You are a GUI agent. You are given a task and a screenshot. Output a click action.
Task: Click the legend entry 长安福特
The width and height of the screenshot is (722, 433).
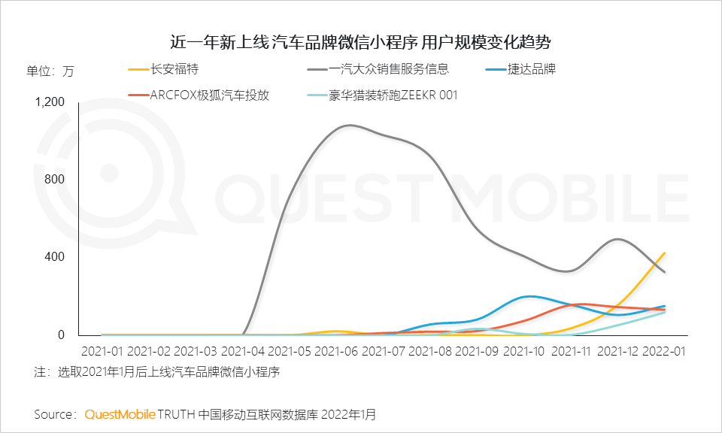click(x=174, y=70)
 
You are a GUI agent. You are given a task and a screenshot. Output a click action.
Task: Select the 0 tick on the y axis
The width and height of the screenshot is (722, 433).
click(x=62, y=335)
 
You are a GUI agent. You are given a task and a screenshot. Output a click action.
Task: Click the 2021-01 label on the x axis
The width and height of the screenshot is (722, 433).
click(x=102, y=351)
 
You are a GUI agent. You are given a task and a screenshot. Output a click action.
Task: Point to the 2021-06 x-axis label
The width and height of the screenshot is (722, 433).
click(x=336, y=351)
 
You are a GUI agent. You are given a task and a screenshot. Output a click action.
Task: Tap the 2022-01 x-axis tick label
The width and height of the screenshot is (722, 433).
click(x=666, y=351)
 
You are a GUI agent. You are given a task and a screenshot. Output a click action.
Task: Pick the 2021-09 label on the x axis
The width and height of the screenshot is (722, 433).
click(x=477, y=351)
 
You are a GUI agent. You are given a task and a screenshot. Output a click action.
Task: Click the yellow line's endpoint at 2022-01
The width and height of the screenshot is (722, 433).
click(x=665, y=253)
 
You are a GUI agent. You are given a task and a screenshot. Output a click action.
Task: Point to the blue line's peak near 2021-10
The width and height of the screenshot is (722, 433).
click(x=531, y=296)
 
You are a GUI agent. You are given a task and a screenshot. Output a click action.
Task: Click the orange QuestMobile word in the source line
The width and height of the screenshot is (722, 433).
click(x=120, y=414)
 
